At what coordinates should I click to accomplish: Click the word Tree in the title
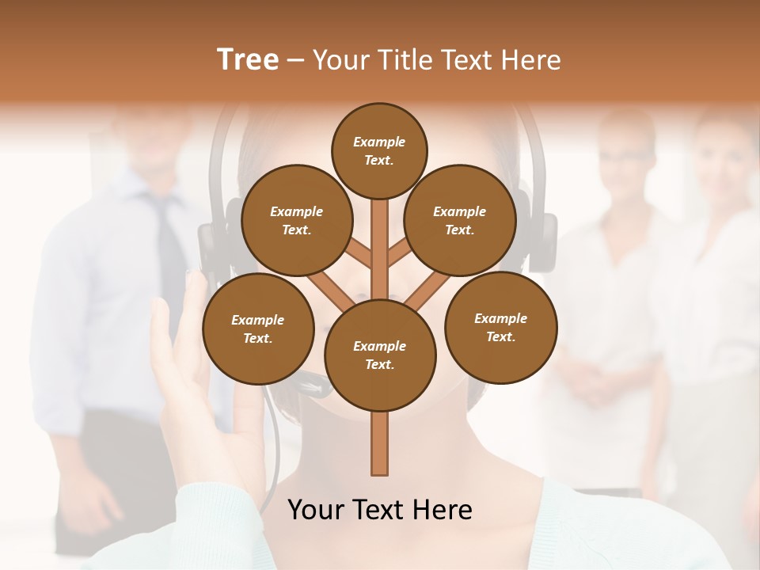click(x=248, y=59)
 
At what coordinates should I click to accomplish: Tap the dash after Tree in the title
click(x=295, y=61)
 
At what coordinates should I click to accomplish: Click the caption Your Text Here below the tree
click(x=379, y=510)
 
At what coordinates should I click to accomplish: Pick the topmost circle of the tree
click(x=379, y=150)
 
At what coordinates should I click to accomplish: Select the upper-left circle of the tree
click(x=296, y=220)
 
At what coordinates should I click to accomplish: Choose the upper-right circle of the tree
click(x=459, y=220)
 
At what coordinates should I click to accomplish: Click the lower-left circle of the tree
click(x=257, y=329)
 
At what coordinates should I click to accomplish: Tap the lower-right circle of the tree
click(x=500, y=327)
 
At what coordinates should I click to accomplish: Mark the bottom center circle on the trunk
click(x=379, y=355)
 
